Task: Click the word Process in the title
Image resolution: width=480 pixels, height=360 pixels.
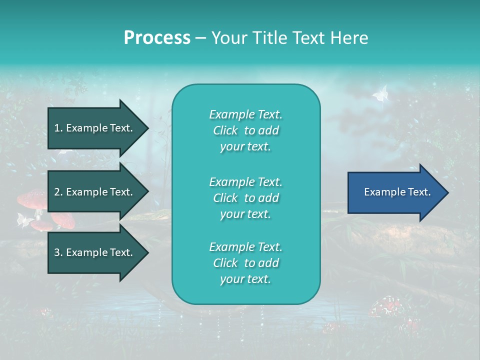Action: coord(157,37)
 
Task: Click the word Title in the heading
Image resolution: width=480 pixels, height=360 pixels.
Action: coord(269,37)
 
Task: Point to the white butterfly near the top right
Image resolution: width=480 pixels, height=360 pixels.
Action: coord(381,93)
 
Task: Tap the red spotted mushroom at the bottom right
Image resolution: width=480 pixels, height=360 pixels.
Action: coord(387,306)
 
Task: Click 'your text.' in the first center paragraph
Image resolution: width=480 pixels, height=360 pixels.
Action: coord(245,147)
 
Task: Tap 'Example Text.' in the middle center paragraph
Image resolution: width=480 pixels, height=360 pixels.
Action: coord(245,181)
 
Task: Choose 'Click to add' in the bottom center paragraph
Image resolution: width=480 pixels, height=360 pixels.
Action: coord(245,263)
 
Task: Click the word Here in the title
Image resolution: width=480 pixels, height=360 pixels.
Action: coord(351,37)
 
